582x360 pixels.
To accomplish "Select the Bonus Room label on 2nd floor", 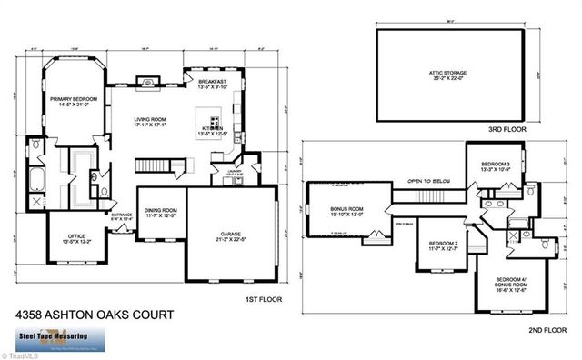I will (335, 211).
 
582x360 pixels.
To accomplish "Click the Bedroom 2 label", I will (442, 246).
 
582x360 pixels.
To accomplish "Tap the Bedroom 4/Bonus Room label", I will (514, 283).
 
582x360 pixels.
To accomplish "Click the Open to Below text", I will (425, 181).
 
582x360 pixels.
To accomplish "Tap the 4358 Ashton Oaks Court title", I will (88, 315).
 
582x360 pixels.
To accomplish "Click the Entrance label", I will (121, 217).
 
